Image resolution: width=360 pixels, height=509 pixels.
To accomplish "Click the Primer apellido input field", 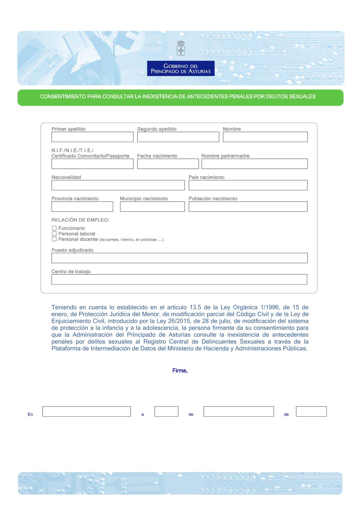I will (93, 137).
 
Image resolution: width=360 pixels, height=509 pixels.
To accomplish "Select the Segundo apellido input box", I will (178, 137).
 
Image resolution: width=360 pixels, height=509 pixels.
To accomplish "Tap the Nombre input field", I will (265, 137).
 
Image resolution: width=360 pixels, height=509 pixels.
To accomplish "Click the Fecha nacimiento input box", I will (168, 164).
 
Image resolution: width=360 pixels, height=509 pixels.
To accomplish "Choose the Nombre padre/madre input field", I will (255, 164).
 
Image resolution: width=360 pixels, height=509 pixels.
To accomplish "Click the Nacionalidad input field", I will (118, 185).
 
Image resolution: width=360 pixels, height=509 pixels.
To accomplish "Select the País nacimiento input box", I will (248, 185).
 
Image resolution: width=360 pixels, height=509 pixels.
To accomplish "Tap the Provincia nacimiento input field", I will (82, 207).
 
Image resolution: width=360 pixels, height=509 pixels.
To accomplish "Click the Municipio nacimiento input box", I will (152, 207).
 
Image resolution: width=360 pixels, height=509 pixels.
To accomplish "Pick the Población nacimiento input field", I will (248, 207).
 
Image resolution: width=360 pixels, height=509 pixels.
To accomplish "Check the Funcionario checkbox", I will (54, 228).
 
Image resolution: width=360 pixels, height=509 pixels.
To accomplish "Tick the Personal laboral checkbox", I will (54, 234).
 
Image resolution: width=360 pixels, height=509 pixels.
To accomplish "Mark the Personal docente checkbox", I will (54, 239).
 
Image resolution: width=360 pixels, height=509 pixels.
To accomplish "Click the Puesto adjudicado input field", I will (180, 258).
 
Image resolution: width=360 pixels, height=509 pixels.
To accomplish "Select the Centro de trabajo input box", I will (179, 280).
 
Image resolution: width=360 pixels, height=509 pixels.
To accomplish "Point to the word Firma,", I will (180, 371).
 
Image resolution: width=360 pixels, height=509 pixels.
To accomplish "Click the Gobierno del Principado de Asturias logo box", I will (181, 68).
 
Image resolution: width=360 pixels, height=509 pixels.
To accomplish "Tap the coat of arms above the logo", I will (181, 48).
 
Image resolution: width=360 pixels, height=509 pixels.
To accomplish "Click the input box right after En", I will (86, 411).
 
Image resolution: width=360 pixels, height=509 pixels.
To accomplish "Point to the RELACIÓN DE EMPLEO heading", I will (80, 220).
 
